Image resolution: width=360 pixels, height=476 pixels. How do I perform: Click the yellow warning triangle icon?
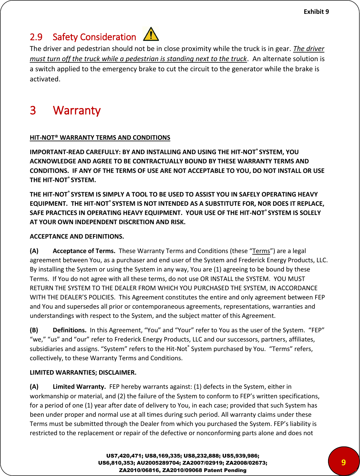(151, 34)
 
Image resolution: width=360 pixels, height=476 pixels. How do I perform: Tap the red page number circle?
(343, 462)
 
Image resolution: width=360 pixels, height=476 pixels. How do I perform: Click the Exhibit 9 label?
(316, 12)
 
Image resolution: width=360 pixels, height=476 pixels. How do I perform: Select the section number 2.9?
(36, 37)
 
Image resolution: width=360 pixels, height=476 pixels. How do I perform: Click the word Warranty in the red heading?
(77, 111)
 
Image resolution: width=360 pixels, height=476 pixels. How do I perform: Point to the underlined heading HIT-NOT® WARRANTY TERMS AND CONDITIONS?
(100, 138)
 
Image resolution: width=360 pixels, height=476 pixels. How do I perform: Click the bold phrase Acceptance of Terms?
(84, 251)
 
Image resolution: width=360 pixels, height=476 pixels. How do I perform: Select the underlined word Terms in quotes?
(261, 251)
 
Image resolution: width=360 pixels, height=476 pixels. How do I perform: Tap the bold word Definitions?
(69, 330)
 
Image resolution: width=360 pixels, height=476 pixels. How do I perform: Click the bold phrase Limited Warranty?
(79, 387)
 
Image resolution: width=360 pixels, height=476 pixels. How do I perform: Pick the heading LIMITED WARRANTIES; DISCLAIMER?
(83, 373)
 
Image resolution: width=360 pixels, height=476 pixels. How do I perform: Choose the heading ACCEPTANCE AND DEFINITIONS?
(77, 236)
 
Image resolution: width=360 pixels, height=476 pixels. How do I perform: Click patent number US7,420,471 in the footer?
(124, 456)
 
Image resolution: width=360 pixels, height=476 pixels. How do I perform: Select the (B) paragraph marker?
(34, 330)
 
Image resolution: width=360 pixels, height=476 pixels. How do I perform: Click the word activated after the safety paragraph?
(45, 79)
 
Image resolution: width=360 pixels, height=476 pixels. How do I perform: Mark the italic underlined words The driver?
(308, 49)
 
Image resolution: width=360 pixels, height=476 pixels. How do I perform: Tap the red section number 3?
(33, 111)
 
